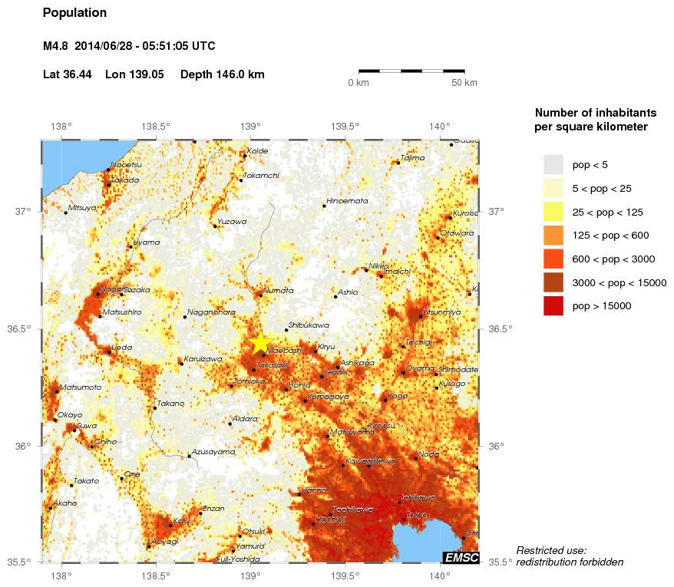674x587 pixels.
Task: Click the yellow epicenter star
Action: point(260,342)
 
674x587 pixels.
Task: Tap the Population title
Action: point(74,13)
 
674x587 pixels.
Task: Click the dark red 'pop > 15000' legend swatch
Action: point(553,305)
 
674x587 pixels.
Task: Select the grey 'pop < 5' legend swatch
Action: point(553,164)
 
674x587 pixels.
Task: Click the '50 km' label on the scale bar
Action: point(464,83)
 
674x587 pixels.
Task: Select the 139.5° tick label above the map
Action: point(345,127)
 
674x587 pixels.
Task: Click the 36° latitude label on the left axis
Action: point(22,446)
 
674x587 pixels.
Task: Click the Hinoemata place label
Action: point(347,201)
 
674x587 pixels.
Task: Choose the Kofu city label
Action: point(181,520)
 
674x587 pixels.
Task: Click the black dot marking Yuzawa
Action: point(214,226)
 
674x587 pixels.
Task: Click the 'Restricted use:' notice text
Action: point(550,550)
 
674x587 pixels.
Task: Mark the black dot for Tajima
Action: point(398,163)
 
